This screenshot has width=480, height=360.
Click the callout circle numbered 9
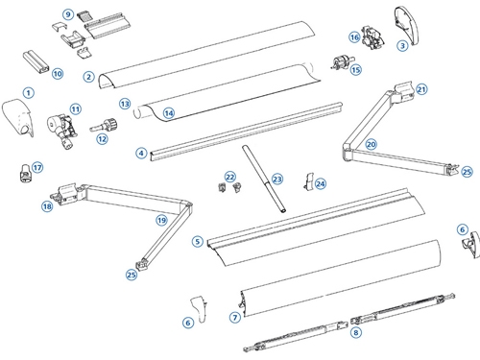coord(68,14)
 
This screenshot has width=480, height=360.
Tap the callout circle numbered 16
coord(354,37)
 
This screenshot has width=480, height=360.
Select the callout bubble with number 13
coord(125,104)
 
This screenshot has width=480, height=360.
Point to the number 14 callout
coord(169,113)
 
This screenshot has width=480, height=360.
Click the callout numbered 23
coord(277,179)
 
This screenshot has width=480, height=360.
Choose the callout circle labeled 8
coord(356,332)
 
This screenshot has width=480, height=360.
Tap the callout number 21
coord(421,89)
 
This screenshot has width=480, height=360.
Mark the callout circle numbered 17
coord(37,167)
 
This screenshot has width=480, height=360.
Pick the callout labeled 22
coord(230,177)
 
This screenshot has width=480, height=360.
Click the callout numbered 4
coord(141,154)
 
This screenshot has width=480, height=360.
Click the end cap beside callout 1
coord(17,118)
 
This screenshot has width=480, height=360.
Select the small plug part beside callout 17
coord(24,173)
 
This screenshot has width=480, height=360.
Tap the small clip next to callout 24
coord(308,180)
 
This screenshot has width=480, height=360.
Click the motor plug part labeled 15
coord(342,62)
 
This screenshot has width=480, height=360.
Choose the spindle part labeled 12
coord(104,125)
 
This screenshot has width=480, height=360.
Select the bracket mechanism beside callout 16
coord(372,37)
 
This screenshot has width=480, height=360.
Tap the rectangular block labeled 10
coord(36,61)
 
